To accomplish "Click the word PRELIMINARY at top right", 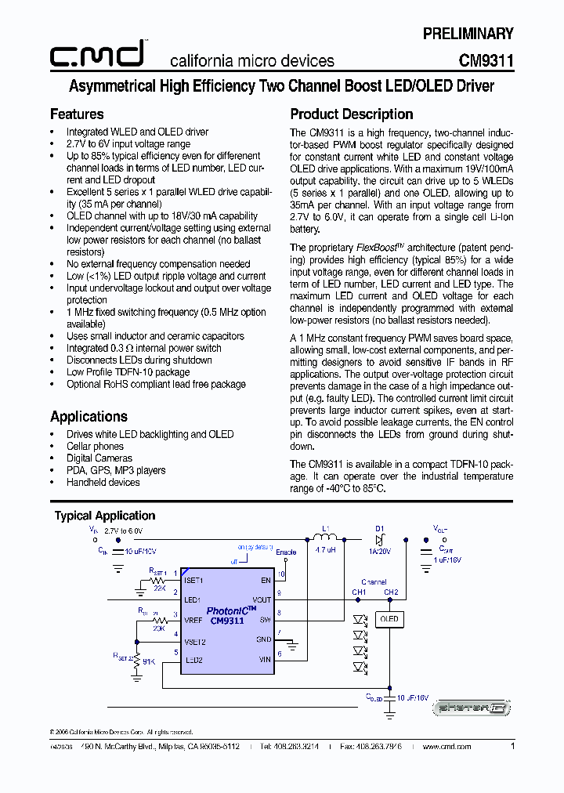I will (x=468, y=34).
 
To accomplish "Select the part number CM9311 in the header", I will (x=486, y=60).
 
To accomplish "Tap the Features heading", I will (x=77, y=114).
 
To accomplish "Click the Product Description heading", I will (x=351, y=114).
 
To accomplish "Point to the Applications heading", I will (x=89, y=417).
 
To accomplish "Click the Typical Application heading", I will (x=104, y=516).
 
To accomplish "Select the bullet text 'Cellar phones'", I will (x=95, y=447).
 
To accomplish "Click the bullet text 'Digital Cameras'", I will (x=99, y=458).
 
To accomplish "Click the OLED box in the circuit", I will (x=389, y=619).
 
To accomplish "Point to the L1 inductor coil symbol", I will (x=324, y=538).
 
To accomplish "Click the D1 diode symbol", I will (x=380, y=540).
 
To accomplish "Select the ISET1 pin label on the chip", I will (x=193, y=581).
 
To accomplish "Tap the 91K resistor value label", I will (x=149, y=662).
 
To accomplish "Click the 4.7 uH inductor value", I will (x=324, y=551).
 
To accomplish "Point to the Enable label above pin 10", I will (x=286, y=552).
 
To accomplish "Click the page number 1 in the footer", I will (x=512, y=747).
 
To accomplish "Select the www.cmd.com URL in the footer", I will (x=446, y=748).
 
